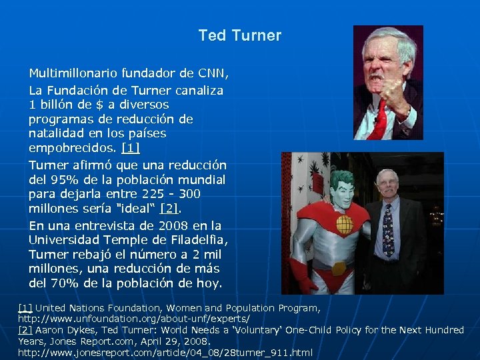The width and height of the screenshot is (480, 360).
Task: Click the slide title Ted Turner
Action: pos(240,35)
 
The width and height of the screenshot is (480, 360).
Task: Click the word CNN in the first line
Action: pos(213,73)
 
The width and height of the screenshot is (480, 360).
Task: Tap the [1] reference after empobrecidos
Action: pos(131,148)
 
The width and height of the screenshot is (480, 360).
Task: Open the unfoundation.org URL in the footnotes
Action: pos(134,319)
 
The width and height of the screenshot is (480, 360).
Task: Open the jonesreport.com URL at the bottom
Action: pos(165,352)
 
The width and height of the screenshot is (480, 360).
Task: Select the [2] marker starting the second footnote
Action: pos(25,330)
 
